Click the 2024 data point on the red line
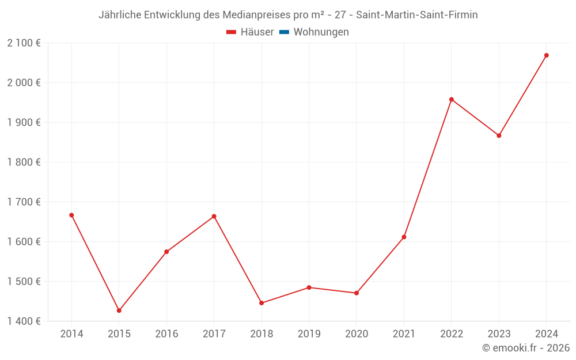pos(546,55)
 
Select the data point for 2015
pos(119,310)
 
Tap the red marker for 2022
pos(452,100)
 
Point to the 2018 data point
pos(262,303)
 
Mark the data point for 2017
pos(214,217)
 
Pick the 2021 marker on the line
pos(404,237)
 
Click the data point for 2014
pos(71,215)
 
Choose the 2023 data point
pos(499,135)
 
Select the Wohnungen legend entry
pos(321,32)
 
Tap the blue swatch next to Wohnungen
pos(284,32)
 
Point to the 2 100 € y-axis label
pos(24,43)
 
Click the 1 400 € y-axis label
pos(24,321)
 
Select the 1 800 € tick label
pos(24,162)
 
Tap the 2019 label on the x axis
pos(309,334)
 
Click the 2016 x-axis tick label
pos(166,334)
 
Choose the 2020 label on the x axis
pos(357,334)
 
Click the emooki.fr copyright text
pos(526,348)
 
